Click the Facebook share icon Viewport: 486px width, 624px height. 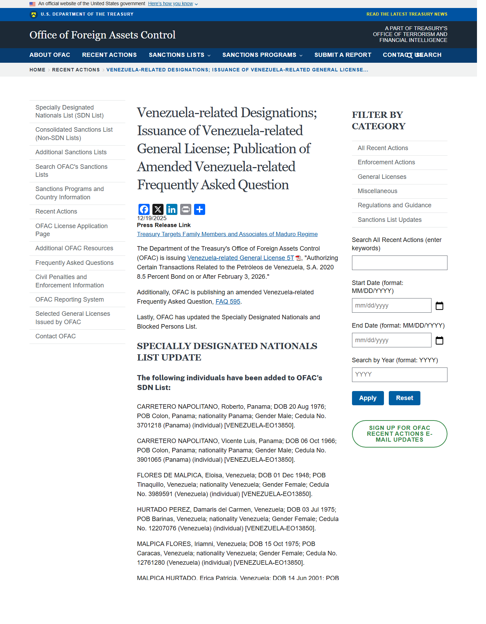[144, 209]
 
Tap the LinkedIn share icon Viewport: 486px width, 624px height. [171, 209]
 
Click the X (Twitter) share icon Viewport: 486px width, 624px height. [158, 209]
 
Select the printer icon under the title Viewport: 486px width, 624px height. [186, 209]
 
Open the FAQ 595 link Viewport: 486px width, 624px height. [228, 302]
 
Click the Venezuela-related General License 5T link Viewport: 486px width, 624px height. [241, 258]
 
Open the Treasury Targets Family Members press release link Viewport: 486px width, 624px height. [227, 234]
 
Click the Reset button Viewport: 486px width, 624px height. [404, 398]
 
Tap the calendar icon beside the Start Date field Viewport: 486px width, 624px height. [439, 306]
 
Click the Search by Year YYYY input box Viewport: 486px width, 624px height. [399, 375]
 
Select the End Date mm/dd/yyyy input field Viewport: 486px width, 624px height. [391, 340]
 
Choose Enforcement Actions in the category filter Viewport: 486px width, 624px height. [386, 162]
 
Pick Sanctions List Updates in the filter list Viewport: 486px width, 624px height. [389, 220]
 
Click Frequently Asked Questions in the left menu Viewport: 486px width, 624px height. [74, 263]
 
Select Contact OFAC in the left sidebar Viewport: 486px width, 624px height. [56, 336]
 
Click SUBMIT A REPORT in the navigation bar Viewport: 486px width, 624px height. [343, 55]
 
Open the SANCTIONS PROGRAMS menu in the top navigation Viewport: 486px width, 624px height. [262, 55]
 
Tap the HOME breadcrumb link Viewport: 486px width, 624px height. [37, 70]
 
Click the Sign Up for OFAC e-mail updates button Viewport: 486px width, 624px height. [399, 434]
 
